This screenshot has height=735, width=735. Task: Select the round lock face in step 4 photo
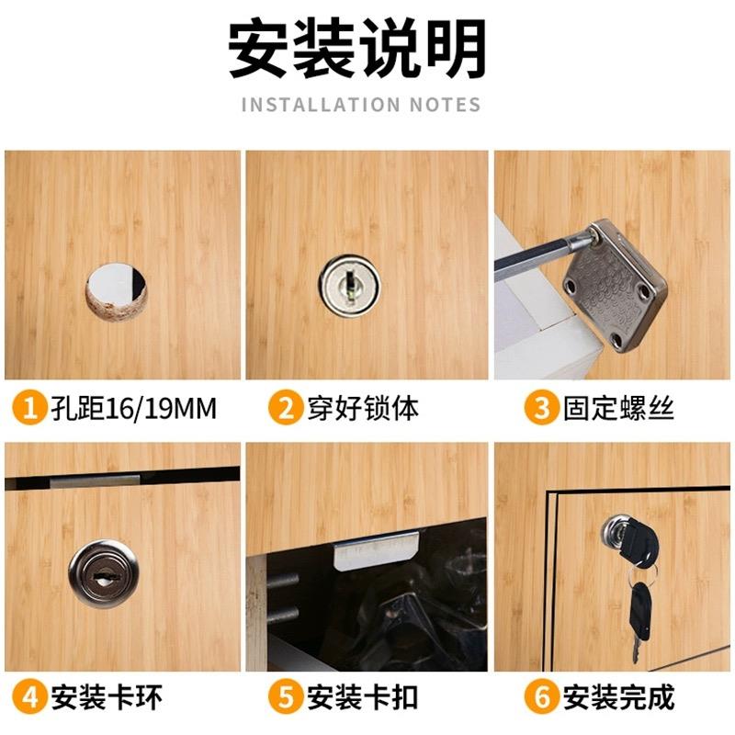click(102, 573)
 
